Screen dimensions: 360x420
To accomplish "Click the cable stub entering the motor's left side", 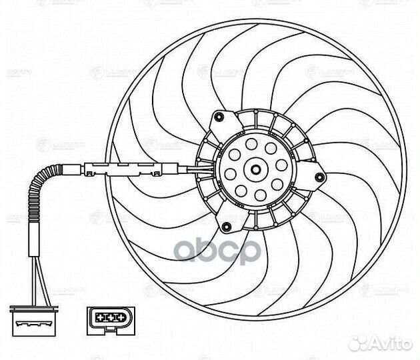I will tap(193, 168).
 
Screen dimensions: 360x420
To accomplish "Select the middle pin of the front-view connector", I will tap(103, 317).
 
